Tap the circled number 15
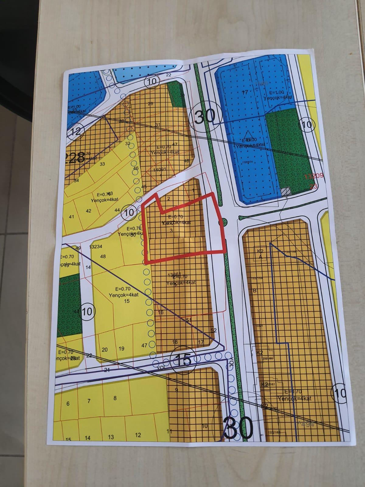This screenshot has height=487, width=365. (183, 360)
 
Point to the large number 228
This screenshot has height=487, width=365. (75, 158)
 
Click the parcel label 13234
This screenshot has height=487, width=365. (96, 247)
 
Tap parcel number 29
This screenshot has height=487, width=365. (150, 104)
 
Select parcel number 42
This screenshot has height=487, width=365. (89, 211)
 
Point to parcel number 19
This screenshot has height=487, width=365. (121, 349)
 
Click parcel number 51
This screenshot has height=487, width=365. (189, 320)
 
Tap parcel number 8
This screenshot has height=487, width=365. (115, 398)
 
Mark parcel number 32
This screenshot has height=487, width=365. (128, 143)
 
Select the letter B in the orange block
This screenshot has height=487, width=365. (255, 291)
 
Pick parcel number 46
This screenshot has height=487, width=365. (136, 168)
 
